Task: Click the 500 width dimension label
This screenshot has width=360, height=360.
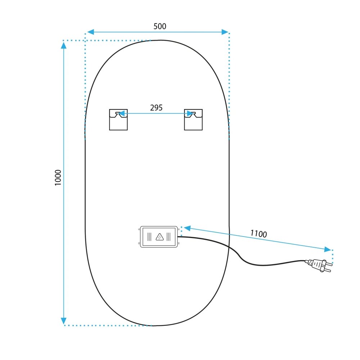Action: pyautogui.click(x=160, y=26)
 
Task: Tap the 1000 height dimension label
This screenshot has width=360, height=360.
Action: pyautogui.click(x=58, y=177)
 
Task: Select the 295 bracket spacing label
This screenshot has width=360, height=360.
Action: pyautogui.click(x=156, y=108)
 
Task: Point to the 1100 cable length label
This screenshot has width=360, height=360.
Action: pyautogui.click(x=258, y=234)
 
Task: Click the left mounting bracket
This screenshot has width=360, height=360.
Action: pyautogui.click(x=118, y=120)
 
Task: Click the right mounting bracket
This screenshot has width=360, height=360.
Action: pyautogui.click(x=193, y=120)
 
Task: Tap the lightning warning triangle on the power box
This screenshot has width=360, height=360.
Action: pyautogui.click(x=159, y=237)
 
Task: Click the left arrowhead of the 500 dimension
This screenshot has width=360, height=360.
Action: pyautogui.click(x=91, y=32)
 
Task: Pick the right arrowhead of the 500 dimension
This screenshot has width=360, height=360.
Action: pyautogui.click(x=225, y=32)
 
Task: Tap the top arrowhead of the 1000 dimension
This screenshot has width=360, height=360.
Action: pyautogui.click(x=64, y=45)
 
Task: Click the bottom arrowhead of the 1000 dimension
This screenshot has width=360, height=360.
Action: pyautogui.click(x=64, y=321)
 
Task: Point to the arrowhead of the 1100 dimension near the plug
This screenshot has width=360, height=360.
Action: pyautogui.click(x=328, y=249)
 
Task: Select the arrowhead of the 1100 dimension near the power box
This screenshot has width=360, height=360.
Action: pyautogui.click(x=187, y=228)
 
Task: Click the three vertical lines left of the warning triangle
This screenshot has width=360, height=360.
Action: pyautogui.click(x=149, y=237)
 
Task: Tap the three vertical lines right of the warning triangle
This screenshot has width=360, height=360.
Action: pyautogui.click(x=168, y=237)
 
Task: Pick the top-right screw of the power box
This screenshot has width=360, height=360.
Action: pyautogui.click(x=179, y=229)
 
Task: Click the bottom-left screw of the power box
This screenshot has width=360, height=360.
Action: pyautogui.click(x=139, y=243)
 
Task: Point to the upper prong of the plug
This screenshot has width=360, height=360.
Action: pyautogui.click(x=329, y=264)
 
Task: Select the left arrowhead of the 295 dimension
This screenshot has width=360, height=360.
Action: pyautogui.click(x=121, y=113)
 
